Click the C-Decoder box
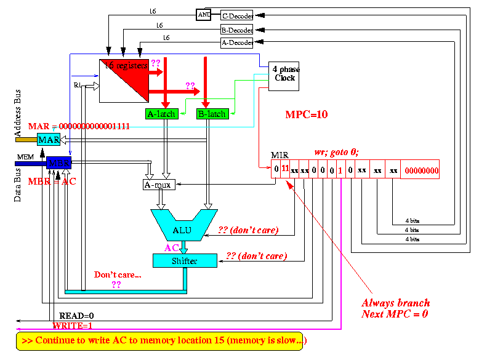[237, 15]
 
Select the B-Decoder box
[237, 29]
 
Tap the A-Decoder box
[237, 42]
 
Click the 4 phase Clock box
[284, 75]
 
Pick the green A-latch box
[162, 114]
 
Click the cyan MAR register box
[49, 140]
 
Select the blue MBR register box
[59, 162]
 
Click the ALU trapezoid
[182, 228]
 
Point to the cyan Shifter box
[185, 261]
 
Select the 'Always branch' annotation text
[395, 303]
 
